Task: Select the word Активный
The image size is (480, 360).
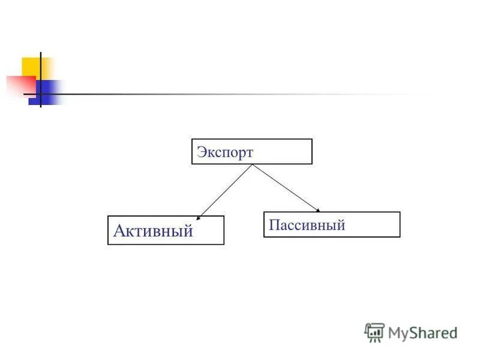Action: pos(153,231)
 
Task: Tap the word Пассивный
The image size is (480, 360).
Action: pos(307,226)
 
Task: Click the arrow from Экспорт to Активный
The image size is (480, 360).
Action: pos(225,190)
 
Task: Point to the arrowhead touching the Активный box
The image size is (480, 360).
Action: pos(199,214)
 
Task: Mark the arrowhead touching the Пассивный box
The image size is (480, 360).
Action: pos(318,210)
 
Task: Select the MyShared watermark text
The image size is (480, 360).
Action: pos(423,332)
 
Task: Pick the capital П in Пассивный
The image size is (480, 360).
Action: pos(274,226)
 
